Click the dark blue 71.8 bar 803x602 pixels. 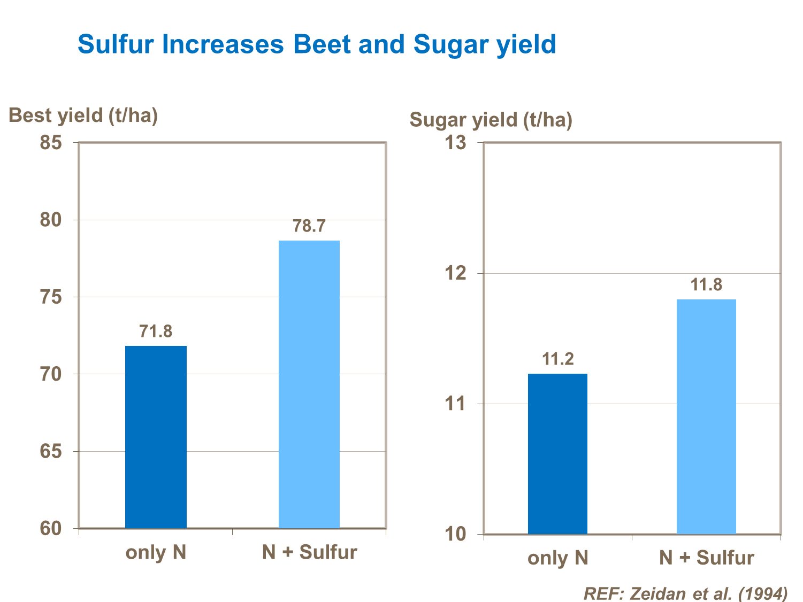156,437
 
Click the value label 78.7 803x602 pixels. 309,226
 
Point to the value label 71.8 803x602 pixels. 156,331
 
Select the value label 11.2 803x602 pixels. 557,359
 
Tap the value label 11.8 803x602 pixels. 706,284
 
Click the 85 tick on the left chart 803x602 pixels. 51,143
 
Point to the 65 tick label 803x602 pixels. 51,451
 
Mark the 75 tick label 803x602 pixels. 51,297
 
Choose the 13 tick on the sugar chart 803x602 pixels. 456,143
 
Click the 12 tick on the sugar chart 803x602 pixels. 456,273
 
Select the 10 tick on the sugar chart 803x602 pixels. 456,534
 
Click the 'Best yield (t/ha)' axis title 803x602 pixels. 83,115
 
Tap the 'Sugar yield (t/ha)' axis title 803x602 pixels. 491,120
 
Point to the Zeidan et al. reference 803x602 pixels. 685,593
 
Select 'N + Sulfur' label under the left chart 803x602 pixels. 309,552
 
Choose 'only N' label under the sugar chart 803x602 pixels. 557,558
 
